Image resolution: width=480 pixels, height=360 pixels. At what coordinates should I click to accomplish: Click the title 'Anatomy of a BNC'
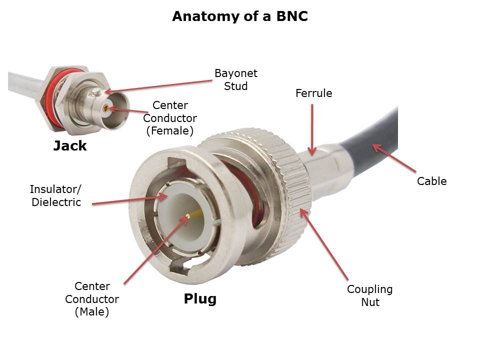[x=239, y=16]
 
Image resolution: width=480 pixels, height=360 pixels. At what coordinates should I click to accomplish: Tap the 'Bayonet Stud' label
[x=235, y=79]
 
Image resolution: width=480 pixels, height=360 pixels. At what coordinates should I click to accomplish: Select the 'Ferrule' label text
[x=313, y=93]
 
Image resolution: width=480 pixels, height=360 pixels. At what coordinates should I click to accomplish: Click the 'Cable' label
[x=431, y=181]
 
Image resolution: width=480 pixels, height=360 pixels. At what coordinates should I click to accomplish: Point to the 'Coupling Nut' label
[x=369, y=295]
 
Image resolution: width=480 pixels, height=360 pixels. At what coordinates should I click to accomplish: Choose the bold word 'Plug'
[x=200, y=299]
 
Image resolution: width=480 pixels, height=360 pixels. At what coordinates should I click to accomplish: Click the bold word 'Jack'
[x=70, y=146]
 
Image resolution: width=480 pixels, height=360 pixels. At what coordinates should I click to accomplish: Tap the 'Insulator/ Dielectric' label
[x=55, y=195]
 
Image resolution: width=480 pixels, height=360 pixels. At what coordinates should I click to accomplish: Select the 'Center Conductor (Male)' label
[x=92, y=299]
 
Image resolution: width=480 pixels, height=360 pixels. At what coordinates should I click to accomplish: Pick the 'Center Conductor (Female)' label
[x=170, y=118]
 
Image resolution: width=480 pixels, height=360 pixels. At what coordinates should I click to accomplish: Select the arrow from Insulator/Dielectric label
[x=130, y=200]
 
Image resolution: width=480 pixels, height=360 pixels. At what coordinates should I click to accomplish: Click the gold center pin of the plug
[x=188, y=216]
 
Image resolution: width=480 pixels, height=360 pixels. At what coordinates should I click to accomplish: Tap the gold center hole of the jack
[x=105, y=107]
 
